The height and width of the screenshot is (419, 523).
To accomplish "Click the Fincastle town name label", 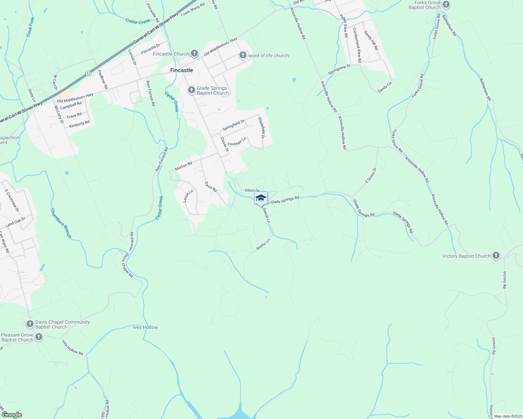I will [181, 70].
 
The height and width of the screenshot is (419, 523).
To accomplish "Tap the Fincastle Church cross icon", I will [194, 54].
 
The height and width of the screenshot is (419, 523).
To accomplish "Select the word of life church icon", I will [243, 56].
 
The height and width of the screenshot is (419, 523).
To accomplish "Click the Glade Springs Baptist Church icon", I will [191, 90].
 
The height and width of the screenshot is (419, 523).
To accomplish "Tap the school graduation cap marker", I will [261, 198].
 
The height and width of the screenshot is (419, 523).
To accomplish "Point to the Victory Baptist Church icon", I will [496, 256].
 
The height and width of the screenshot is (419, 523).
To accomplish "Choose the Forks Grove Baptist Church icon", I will [446, 5].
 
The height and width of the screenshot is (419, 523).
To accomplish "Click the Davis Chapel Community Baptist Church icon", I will [30, 324].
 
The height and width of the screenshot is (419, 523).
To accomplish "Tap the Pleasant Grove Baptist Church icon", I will [39, 337].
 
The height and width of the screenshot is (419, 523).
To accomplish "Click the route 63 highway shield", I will [88, 73].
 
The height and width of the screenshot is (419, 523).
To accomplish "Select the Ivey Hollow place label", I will [145, 327].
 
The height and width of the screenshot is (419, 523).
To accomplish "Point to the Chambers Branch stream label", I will [61, 223].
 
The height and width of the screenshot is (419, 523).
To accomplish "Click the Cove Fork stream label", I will [31, 27].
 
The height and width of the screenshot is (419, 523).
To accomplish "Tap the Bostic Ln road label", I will [263, 244].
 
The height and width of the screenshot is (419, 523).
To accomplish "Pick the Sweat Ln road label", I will [266, 215].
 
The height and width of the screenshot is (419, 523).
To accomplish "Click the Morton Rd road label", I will [184, 166].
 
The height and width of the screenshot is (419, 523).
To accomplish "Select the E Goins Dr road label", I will [371, 175].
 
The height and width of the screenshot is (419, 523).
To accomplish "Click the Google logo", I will [12, 415].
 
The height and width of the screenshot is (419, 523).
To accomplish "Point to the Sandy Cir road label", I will [385, 87].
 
